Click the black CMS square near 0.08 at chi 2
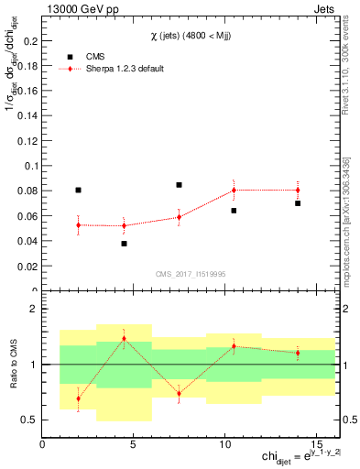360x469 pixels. tap(78, 191)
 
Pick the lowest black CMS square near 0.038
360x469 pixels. tap(124, 244)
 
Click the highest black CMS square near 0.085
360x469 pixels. tap(179, 185)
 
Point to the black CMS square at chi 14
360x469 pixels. tap(298, 203)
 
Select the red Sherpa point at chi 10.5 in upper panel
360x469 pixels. tap(234, 190)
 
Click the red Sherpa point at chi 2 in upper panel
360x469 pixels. tap(78, 224)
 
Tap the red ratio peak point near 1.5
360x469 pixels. tap(124, 339)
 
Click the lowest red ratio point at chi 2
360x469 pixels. tap(78, 398)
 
